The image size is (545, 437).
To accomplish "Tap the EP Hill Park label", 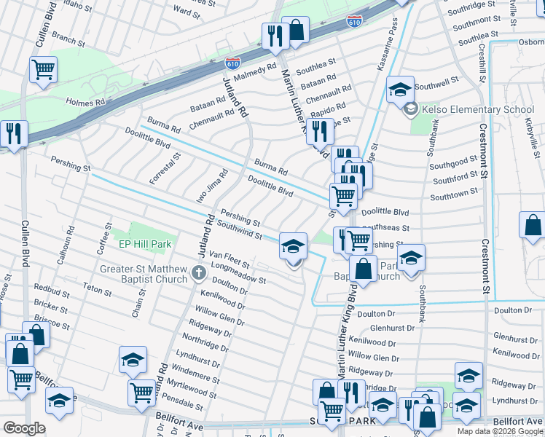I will point(144,245).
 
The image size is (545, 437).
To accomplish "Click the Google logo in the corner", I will point(24,428).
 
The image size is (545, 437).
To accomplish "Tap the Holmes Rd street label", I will point(85,103).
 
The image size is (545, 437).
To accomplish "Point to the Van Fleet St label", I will point(229,259).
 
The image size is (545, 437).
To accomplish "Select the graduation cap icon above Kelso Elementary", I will point(399,90).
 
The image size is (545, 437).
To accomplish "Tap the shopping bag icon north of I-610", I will point(296,31).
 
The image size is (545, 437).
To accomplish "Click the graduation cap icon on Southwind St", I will point(292,246).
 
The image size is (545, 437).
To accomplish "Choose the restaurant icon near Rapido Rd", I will point(319,131).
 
